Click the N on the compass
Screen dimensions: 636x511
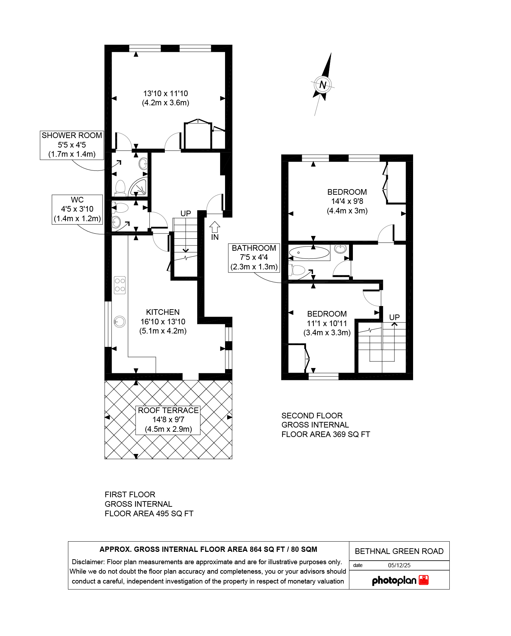point(323,85)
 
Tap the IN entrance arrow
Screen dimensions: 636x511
point(215,227)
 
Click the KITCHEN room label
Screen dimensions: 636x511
point(163,312)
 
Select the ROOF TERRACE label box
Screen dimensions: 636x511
point(168,420)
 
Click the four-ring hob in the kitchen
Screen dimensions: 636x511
point(120,285)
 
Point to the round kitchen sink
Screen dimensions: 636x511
point(120,322)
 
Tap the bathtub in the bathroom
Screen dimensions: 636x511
point(309,252)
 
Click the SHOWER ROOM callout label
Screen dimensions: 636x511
point(72,145)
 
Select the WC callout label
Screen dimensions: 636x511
point(77,209)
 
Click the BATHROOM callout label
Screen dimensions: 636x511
point(254,257)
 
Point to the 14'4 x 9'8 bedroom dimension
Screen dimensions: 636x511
point(347,201)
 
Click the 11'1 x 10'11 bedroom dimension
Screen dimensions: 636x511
point(327,323)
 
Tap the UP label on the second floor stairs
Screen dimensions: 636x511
point(394,317)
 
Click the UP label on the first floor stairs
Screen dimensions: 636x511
point(186,213)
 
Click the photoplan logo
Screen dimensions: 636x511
point(400,580)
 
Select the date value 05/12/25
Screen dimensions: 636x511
point(399,565)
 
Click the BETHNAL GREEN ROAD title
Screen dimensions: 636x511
point(399,551)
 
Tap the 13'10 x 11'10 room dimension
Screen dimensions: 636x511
point(166,94)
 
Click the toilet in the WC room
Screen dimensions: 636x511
point(121,208)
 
